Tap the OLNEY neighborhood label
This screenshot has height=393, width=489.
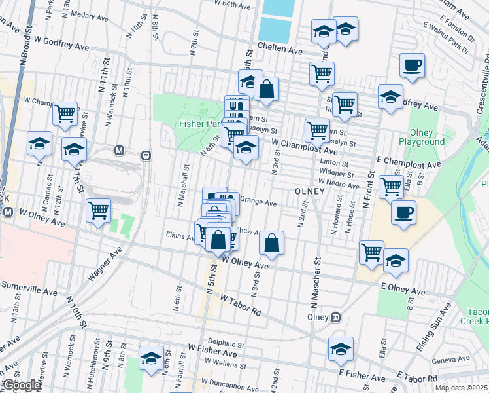click(310, 191)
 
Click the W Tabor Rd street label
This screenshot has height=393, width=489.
click(241, 305)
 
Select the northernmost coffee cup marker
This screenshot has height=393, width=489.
click(412, 66)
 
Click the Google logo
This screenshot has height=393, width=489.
click(22, 385)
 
